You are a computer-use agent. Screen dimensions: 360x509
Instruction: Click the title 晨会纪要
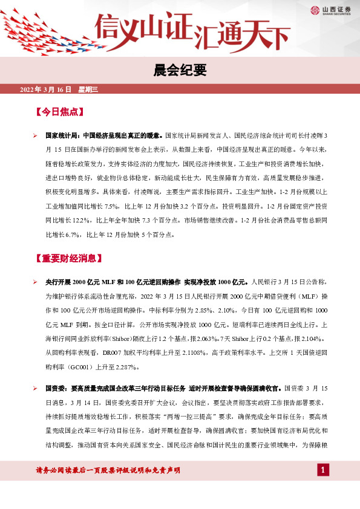[x=180, y=71]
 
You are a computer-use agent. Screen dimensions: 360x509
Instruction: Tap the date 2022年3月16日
[x=46, y=89]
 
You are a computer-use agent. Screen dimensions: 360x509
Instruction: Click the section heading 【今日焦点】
[x=59, y=112]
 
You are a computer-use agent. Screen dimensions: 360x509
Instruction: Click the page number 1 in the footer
[x=323, y=470]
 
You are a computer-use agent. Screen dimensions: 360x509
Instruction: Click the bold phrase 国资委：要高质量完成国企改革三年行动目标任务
[x=125, y=387]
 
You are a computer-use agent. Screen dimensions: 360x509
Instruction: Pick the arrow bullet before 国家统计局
[x=36, y=137]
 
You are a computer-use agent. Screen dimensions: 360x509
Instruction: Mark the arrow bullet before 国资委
[x=36, y=387]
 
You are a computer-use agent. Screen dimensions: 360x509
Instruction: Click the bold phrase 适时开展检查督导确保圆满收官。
[x=237, y=387]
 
